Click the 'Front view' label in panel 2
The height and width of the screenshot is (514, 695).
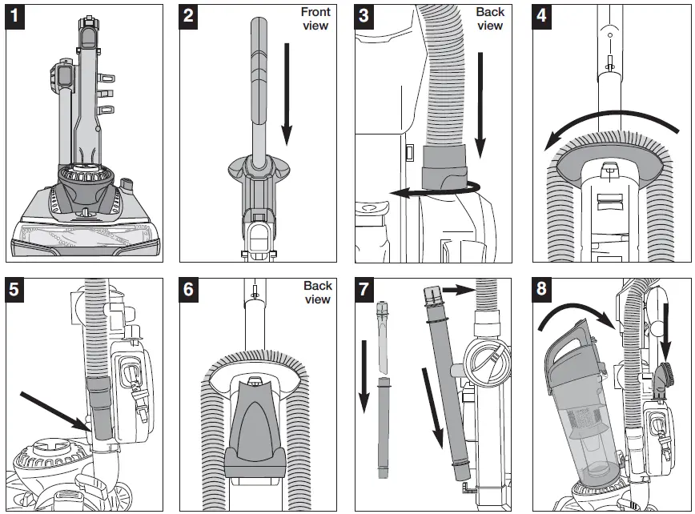315,19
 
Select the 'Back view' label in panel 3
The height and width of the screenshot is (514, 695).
490,19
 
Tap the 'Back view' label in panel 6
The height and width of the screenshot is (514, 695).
317,292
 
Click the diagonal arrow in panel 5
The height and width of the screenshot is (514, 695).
53,407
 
